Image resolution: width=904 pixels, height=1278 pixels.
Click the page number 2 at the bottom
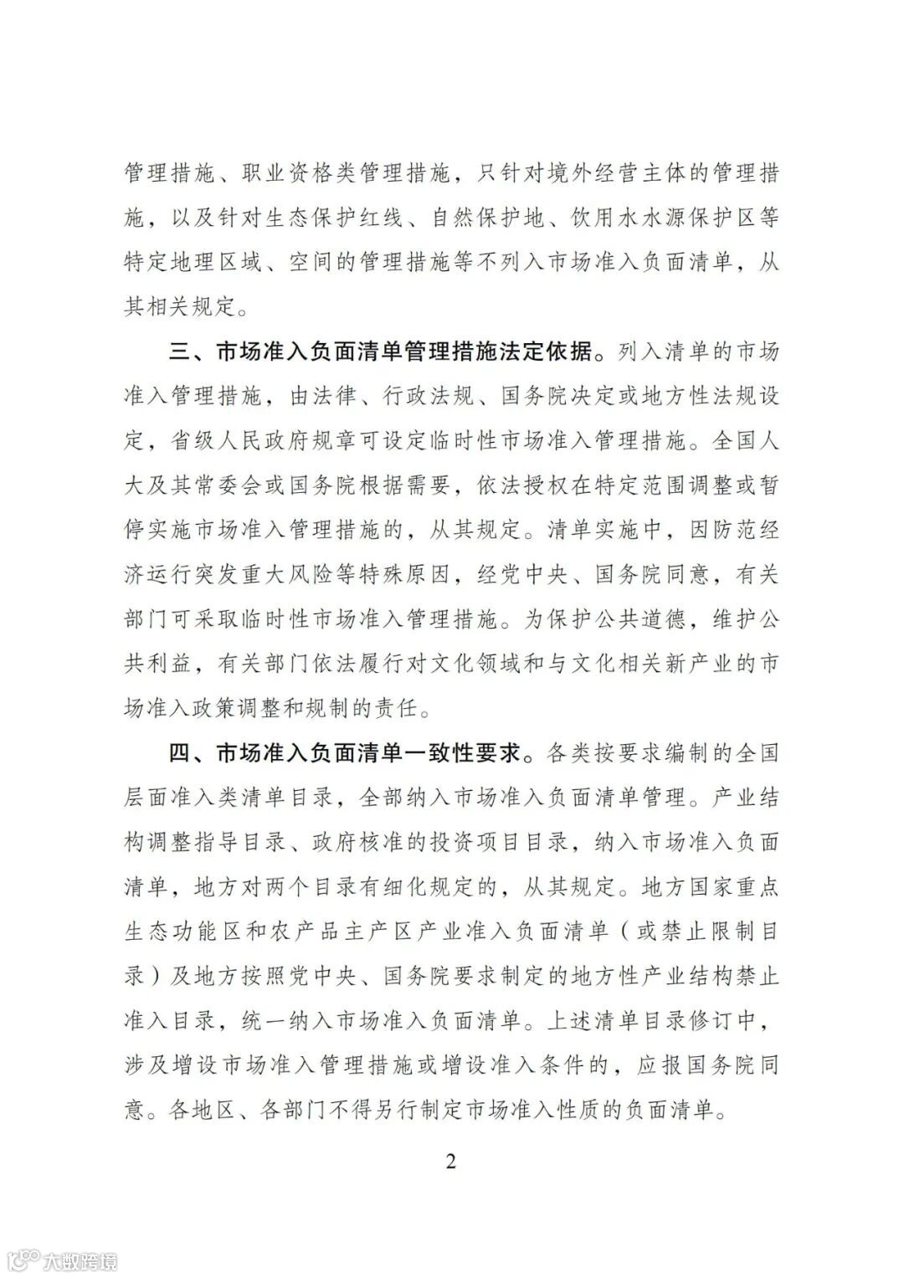point(451,1163)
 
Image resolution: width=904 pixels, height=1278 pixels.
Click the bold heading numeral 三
point(182,351)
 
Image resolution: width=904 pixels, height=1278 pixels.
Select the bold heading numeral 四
point(182,752)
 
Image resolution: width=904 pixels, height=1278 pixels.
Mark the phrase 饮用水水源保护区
point(651,218)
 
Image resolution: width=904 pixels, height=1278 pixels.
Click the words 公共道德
point(629,618)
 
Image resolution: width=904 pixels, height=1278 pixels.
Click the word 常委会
point(229,485)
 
